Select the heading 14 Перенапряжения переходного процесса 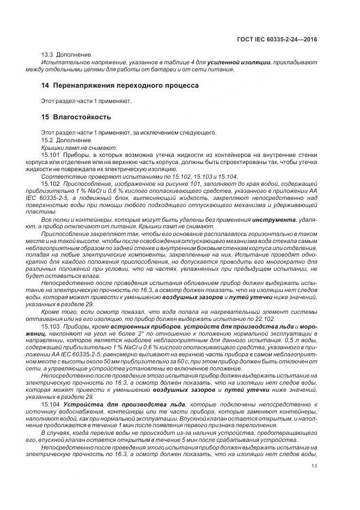pos(120,86)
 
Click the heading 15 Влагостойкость pos(76,117)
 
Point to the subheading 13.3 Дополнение pos(66,55)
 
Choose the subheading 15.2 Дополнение pos(66,140)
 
